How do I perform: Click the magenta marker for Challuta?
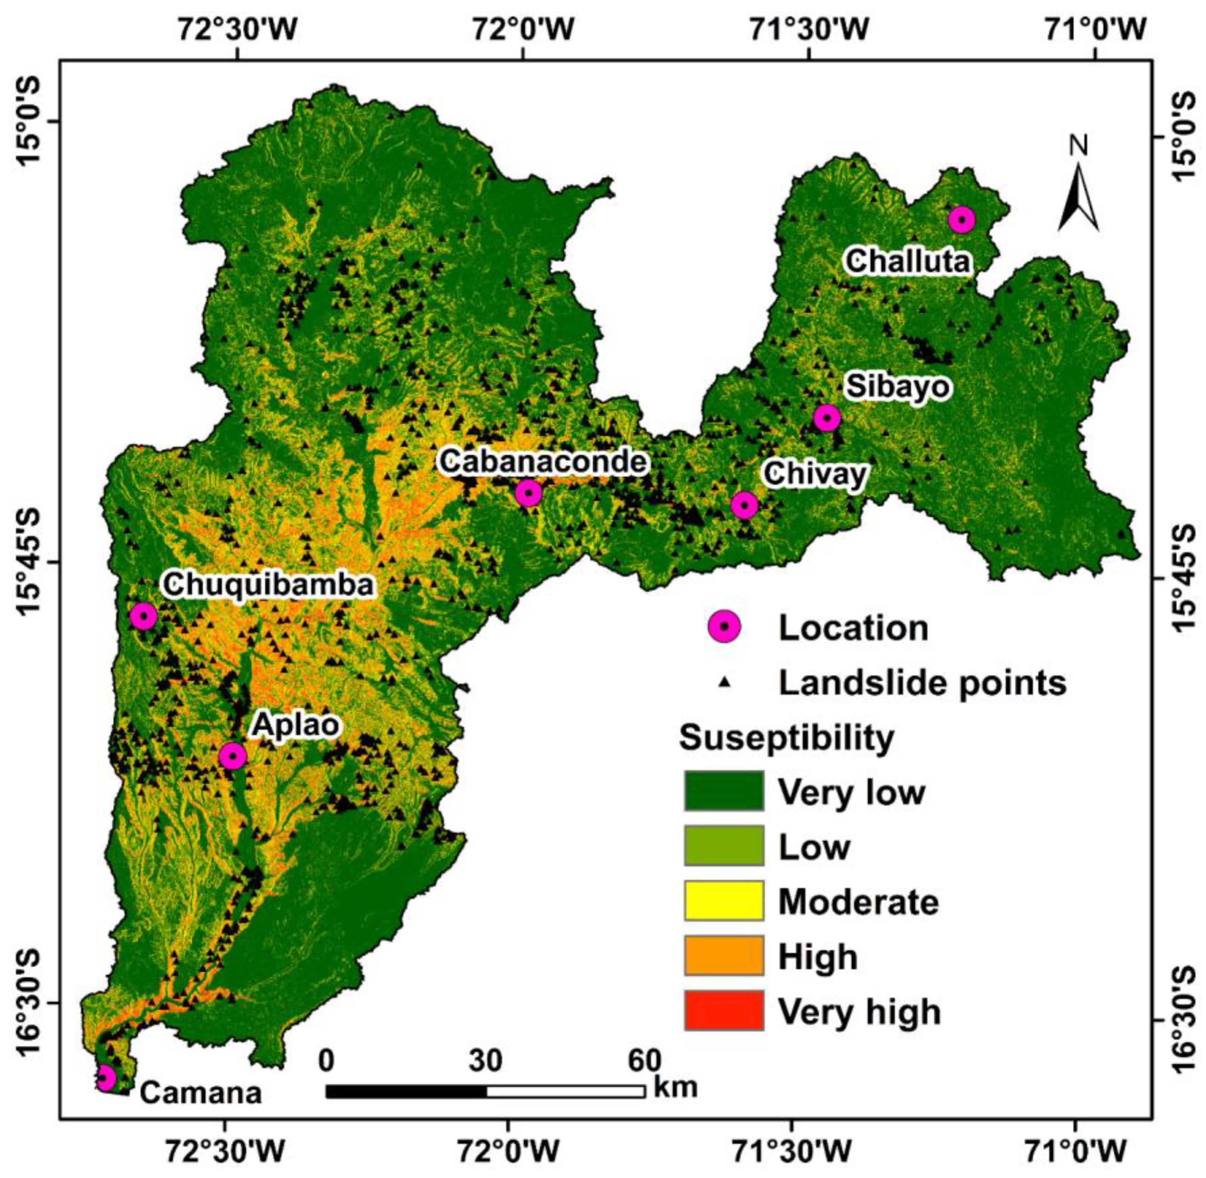961,219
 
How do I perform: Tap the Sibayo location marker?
827,418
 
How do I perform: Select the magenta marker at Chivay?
744,506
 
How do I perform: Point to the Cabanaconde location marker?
528,493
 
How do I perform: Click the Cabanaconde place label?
543,461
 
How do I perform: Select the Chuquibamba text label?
268,585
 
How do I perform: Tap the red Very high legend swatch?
724,1010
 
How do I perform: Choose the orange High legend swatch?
724,956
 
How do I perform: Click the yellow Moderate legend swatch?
724,901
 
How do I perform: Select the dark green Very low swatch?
724,791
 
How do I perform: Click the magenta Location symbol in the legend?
724,627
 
